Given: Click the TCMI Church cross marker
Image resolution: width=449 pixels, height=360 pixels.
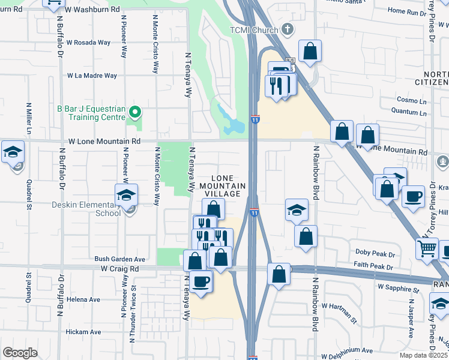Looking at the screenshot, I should (x=288, y=29).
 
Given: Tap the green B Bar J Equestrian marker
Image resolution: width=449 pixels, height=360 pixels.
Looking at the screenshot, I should (x=136, y=111).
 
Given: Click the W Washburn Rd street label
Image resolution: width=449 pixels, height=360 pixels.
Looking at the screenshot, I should (x=92, y=10).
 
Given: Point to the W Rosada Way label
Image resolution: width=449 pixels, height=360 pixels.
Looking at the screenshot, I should (x=88, y=43).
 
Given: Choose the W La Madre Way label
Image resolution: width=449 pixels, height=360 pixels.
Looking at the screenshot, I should (x=92, y=76).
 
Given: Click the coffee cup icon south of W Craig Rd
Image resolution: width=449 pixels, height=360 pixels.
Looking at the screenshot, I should (x=200, y=280).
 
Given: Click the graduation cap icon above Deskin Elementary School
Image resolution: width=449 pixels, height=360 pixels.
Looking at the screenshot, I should (x=126, y=194).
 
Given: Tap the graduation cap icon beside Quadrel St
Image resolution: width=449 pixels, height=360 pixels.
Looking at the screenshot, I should (x=12, y=152).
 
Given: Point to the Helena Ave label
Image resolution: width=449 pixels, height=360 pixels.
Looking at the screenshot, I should (x=83, y=299).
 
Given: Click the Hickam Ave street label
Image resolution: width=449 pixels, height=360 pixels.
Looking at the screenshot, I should (x=83, y=331).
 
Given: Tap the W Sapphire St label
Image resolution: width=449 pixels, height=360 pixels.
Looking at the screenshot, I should (x=397, y=289).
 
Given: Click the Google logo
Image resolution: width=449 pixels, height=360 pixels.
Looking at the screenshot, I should (x=20, y=353).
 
